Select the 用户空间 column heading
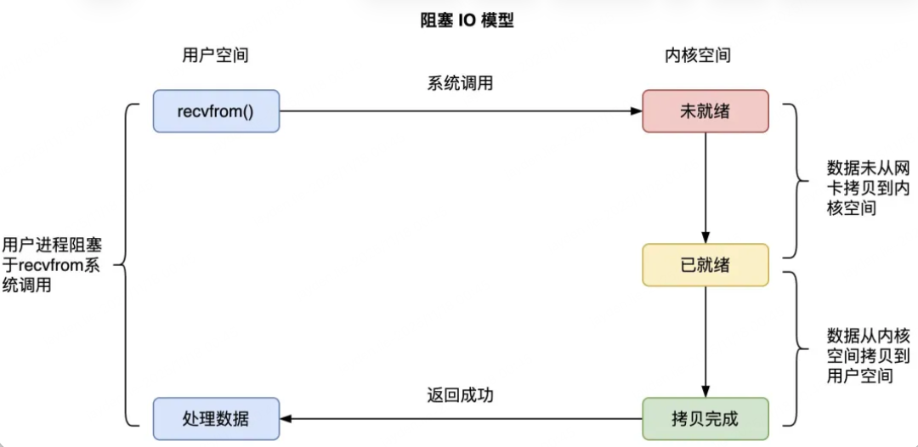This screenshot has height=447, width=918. pyautogui.click(x=216, y=56)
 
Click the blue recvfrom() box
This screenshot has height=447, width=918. pyautogui.click(x=216, y=111)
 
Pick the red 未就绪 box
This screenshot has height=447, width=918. pyautogui.click(x=705, y=111)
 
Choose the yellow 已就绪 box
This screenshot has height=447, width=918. pyautogui.click(x=705, y=265)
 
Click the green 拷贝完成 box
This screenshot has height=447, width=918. pyautogui.click(x=705, y=419)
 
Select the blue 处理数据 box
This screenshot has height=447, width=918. pyautogui.click(x=216, y=419)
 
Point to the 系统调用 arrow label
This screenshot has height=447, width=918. pyautogui.click(x=460, y=84)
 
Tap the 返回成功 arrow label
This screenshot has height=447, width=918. pyautogui.click(x=460, y=396)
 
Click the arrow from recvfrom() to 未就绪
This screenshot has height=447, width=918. pyautogui.click(x=460, y=111)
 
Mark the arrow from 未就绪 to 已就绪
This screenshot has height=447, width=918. pyautogui.click(x=705, y=188)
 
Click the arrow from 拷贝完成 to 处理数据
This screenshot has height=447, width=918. pyautogui.click(x=460, y=419)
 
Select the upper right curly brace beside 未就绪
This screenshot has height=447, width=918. pyautogui.click(x=790, y=180)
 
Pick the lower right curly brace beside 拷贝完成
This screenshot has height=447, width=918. pyautogui.click(x=790, y=348)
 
